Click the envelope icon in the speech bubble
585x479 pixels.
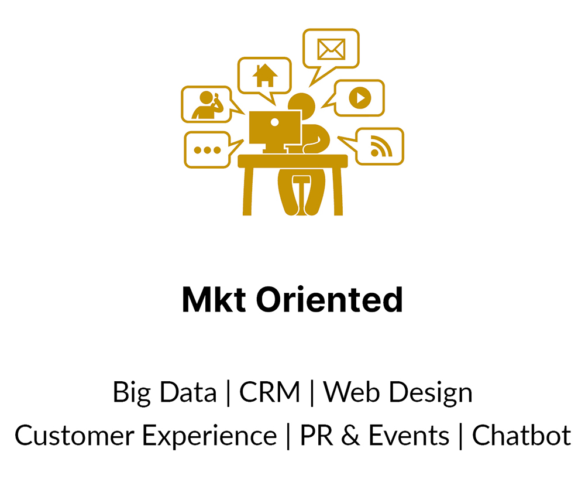click(331, 49)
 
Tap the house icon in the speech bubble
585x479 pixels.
click(265, 76)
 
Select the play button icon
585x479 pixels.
click(360, 98)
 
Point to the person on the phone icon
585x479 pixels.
click(208, 105)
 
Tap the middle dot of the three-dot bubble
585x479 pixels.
click(208, 150)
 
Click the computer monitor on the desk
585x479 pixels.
click(275, 132)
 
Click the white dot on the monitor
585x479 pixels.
click(274, 122)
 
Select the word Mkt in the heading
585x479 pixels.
click(214, 299)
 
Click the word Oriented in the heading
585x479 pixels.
click(329, 299)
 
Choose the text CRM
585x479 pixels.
click(269, 392)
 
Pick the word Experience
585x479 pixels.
click(209, 436)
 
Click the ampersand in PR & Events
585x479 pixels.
click(350, 435)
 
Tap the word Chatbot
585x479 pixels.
click(522, 435)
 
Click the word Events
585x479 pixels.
click(409, 435)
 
